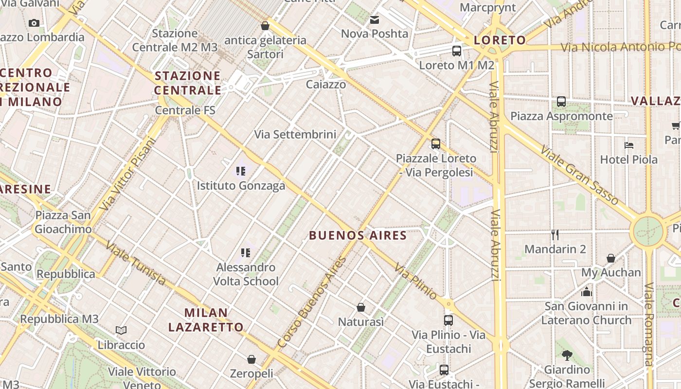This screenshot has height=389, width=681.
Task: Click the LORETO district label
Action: tap(500, 40)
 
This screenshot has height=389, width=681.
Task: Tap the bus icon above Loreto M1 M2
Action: tap(456, 51)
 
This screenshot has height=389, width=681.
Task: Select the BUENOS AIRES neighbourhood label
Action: tap(358, 236)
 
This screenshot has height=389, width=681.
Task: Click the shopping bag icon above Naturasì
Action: tap(361, 307)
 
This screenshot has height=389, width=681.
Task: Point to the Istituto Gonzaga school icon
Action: tap(241, 171)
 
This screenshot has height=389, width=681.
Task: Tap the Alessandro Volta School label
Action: tap(246, 274)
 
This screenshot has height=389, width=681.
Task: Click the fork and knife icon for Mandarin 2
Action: tap(555, 235)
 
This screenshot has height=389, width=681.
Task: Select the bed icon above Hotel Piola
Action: tap(628, 145)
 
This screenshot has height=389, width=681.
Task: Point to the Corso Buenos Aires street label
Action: tap(311, 301)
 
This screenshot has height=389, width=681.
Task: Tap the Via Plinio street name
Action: tap(415, 281)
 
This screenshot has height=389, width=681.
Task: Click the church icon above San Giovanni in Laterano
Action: tap(586, 292)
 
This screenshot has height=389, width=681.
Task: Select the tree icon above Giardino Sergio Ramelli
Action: tap(566, 355)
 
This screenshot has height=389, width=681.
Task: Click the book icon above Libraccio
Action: tap(121, 331)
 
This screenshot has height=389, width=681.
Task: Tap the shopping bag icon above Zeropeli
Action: tap(251, 359)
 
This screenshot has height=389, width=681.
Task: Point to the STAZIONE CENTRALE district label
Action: tap(188, 83)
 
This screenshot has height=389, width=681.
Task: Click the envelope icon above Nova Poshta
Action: tap(374, 20)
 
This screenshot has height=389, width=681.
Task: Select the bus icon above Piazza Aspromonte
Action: tap(561, 102)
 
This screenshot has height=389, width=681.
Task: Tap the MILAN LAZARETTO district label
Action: tap(206, 319)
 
